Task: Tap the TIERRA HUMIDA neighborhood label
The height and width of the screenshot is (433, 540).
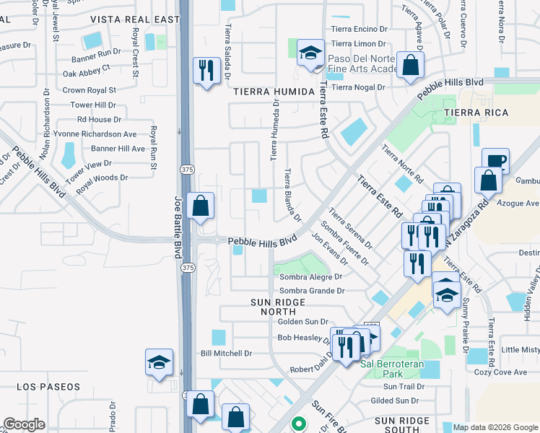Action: click(x=274, y=92)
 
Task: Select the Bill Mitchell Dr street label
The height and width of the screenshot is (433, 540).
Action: click(x=226, y=354)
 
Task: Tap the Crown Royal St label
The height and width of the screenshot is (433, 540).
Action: click(x=90, y=90)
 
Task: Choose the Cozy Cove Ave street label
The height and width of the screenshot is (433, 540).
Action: click(x=500, y=372)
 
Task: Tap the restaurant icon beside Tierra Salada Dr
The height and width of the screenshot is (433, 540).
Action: click(x=206, y=70)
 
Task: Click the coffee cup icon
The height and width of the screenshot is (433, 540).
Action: click(x=495, y=161)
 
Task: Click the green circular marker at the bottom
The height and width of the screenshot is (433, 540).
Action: click(x=297, y=425)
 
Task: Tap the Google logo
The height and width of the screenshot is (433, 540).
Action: click(x=25, y=424)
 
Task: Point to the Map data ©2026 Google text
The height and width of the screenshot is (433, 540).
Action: click(x=495, y=427)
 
